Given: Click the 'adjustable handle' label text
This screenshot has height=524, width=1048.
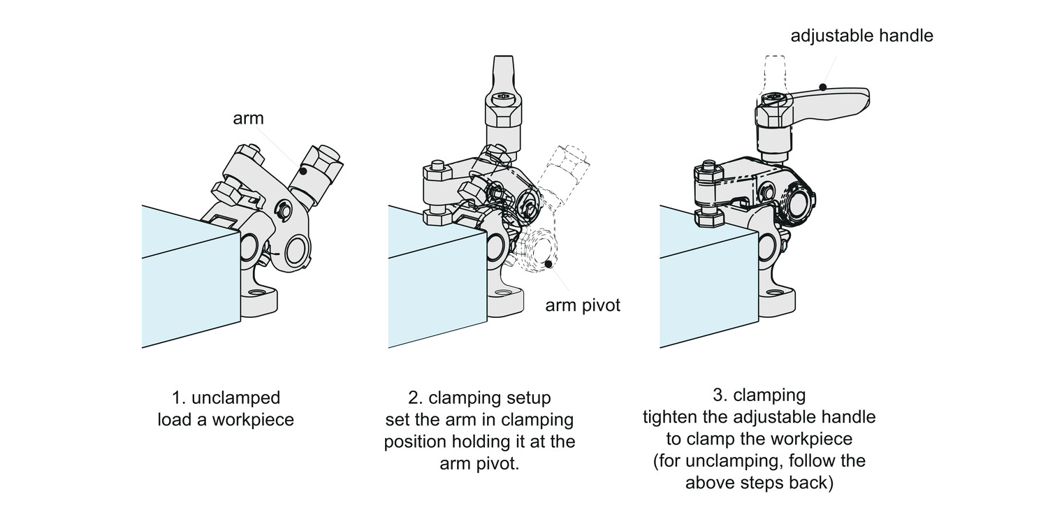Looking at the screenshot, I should pos(861,36).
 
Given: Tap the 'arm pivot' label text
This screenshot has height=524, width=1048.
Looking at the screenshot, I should pos(583,305).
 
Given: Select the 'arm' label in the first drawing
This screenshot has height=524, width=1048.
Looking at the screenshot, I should pos(248,119).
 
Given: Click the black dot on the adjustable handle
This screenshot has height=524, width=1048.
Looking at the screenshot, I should pos(823,87).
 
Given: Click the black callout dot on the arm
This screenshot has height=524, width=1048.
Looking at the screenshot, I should pos(303,171).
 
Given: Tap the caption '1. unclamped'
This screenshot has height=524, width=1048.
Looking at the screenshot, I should pos(226,398).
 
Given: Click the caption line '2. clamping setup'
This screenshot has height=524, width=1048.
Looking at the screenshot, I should pos(479,398).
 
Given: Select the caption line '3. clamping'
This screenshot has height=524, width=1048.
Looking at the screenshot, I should pos(759,395).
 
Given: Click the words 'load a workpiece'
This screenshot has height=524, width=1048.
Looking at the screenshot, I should pos(226,420).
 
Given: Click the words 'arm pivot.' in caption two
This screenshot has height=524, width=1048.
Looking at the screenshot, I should pos(479,464).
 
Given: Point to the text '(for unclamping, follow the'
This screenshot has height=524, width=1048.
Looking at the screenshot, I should pos(759,461).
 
